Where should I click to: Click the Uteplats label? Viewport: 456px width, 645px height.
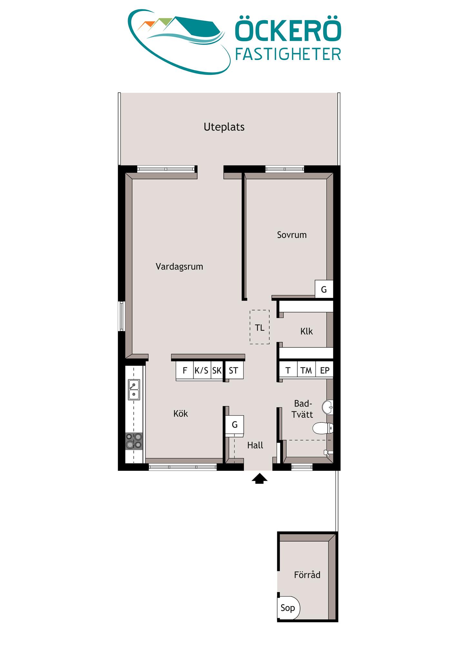point(224,127)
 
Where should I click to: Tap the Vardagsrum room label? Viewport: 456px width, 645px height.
point(179,267)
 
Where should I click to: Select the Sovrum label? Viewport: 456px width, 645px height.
point(292,235)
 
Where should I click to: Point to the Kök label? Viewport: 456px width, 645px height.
point(180,413)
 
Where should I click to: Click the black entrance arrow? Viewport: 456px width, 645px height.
point(259,479)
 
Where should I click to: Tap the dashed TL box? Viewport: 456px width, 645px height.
point(259,327)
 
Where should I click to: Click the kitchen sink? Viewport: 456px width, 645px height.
point(134,390)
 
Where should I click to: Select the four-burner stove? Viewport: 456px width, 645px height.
point(134,441)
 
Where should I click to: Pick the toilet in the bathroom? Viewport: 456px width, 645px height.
point(323,428)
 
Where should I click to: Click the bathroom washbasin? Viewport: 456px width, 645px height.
point(328,407)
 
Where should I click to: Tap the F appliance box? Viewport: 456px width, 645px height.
point(185,371)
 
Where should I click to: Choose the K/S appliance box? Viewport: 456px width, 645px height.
point(202,371)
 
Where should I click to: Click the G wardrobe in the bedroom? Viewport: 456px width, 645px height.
point(324,289)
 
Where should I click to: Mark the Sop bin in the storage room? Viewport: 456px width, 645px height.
point(288,608)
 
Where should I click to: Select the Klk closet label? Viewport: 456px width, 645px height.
point(307,331)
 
